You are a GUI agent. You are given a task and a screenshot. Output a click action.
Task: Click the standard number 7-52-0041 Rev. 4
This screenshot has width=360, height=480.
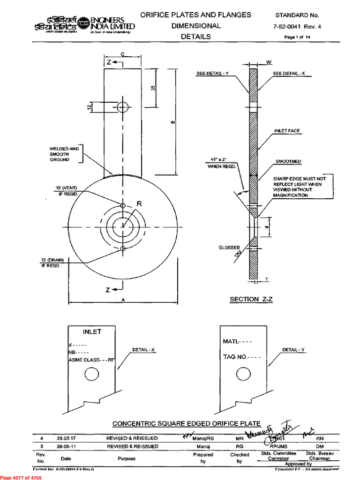pyautogui.click(x=297, y=27)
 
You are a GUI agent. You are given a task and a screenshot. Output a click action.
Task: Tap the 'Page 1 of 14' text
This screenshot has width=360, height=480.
pyautogui.click(x=297, y=37)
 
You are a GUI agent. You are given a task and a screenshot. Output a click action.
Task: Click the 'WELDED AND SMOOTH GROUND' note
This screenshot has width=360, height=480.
pyautogui.click(x=64, y=154)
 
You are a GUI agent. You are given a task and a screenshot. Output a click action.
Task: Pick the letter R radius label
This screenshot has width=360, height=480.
pyautogui.click(x=139, y=204)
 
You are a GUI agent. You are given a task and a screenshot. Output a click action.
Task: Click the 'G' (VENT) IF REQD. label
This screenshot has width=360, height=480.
pyautogui.click(x=68, y=191)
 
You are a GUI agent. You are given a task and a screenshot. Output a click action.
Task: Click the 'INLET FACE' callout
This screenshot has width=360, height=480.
pyautogui.click(x=287, y=131)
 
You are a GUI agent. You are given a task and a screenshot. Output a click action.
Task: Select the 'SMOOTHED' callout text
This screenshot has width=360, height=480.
pyautogui.click(x=288, y=161)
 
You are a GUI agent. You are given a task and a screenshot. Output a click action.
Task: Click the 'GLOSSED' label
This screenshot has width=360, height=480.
pyautogui.click(x=229, y=247)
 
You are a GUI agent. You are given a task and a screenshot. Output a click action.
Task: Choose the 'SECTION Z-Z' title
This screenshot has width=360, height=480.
pyautogui.click(x=251, y=299)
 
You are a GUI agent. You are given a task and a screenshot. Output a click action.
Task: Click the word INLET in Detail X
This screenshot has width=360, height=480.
pyautogui.click(x=92, y=332)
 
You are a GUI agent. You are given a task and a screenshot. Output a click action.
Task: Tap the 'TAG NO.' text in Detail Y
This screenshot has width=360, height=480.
pyautogui.click(x=241, y=357)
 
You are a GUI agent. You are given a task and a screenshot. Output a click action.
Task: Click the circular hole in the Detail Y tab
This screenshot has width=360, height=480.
pyautogui.click(x=243, y=374)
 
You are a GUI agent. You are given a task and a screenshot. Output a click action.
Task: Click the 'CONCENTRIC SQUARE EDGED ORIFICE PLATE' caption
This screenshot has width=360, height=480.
pyautogui.click(x=187, y=424)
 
